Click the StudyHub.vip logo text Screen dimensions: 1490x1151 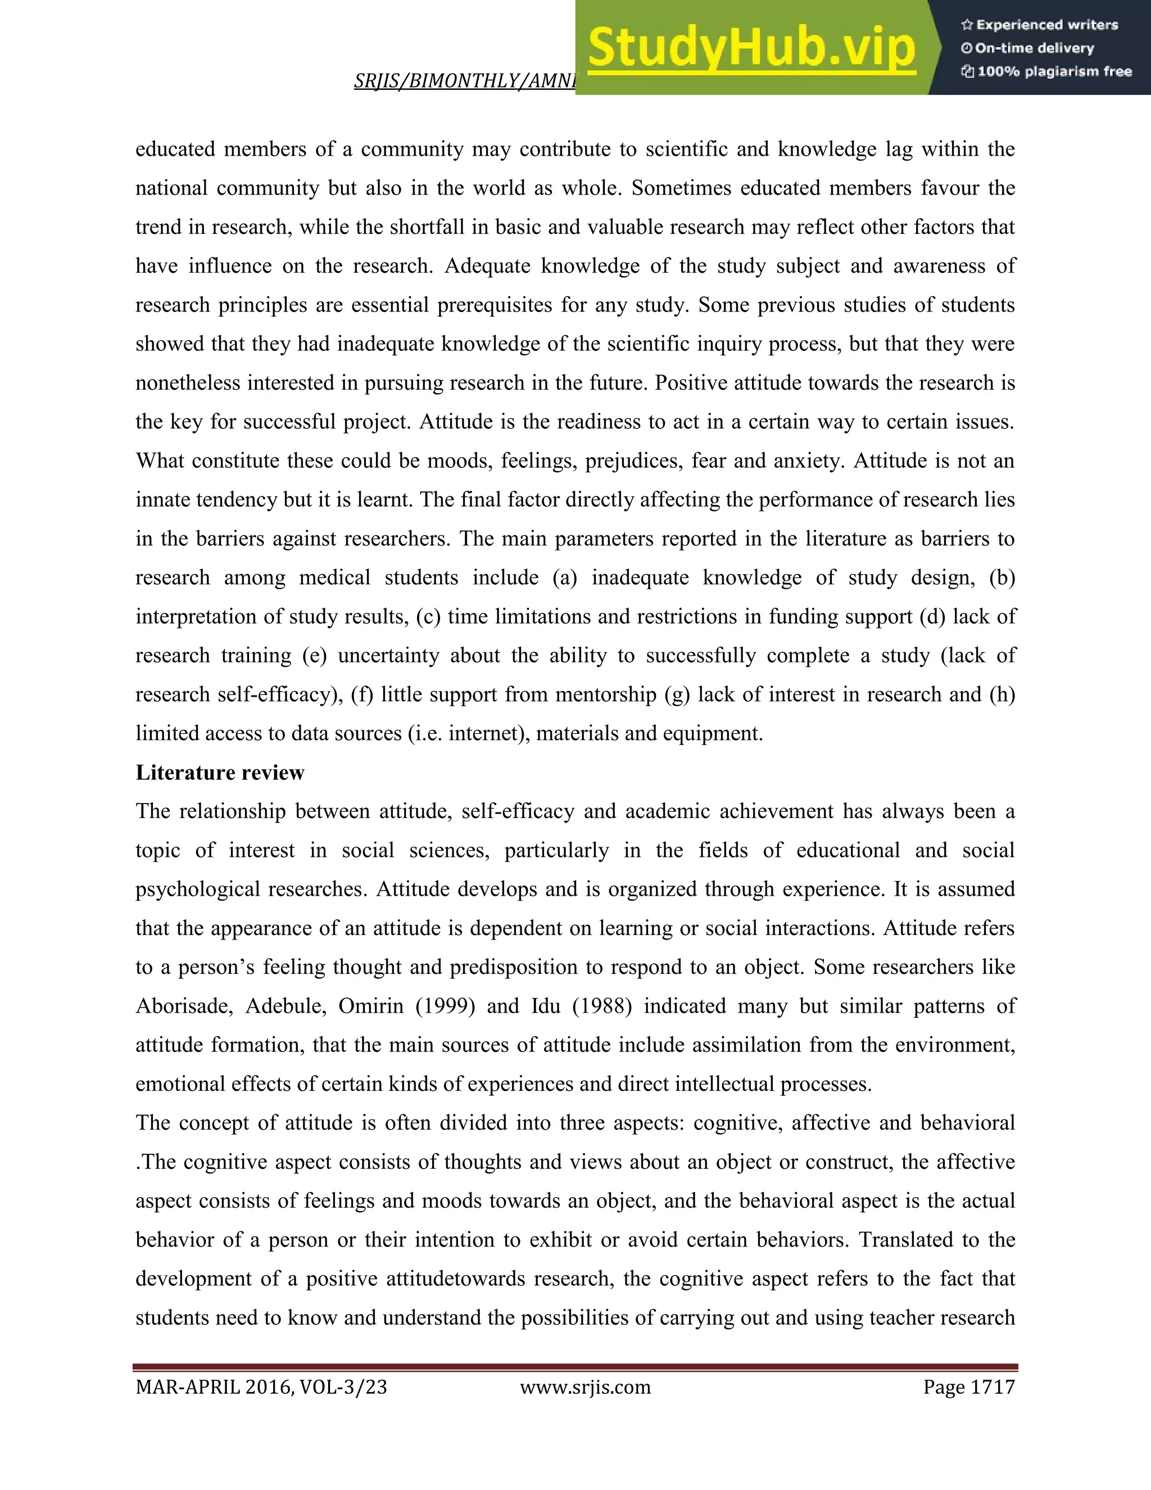click(751, 48)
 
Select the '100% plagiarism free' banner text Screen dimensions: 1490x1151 click(1046, 71)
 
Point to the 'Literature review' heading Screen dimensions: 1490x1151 click(220, 773)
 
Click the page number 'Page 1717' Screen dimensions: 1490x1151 click(969, 1387)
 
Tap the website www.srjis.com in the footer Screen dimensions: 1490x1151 click(585, 1387)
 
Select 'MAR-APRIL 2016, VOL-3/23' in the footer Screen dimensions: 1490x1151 click(261, 1387)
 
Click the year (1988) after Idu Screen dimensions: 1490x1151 click(601, 1006)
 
